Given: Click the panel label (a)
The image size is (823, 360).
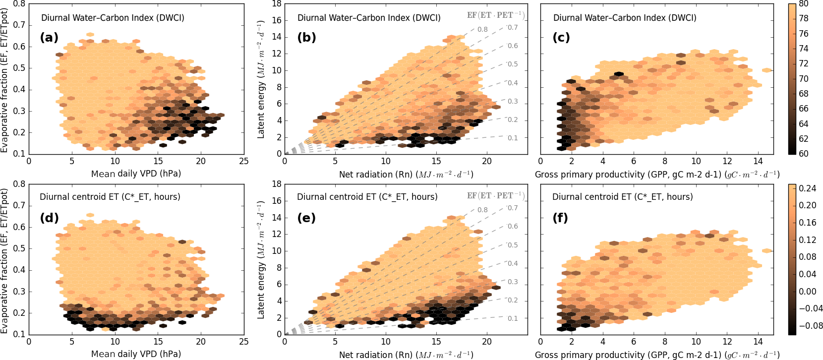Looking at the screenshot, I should pyautogui.click(x=49, y=38).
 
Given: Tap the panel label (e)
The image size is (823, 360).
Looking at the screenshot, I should pyautogui.click(x=306, y=218).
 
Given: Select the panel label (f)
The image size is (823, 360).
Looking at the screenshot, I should pyautogui.click(x=561, y=218).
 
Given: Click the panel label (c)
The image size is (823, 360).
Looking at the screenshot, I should pyautogui.click(x=561, y=38).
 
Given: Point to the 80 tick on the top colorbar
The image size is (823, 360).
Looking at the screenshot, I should pyautogui.click(x=803, y=3).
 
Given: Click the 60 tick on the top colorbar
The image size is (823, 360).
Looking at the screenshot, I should pyautogui.click(x=803, y=154).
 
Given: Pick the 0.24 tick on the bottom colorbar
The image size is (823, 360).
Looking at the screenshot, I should pyautogui.click(x=807, y=188).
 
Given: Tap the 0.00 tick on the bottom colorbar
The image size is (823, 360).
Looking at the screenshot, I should pyautogui.click(x=807, y=292).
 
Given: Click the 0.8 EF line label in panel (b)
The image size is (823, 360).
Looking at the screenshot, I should pyautogui.click(x=482, y=29).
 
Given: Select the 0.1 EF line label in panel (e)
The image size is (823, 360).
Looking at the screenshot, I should pyautogui.click(x=513, y=318).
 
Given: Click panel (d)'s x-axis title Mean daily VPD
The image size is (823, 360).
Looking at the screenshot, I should pyautogui.click(x=136, y=354).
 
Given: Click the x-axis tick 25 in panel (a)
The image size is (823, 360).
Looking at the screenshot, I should pyautogui.click(x=243, y=161).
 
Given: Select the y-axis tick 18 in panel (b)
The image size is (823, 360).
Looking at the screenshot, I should pyautogui.click(x=277, y=4).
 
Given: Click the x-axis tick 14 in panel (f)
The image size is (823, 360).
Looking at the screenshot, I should pyautogui.click(x=758, y=342).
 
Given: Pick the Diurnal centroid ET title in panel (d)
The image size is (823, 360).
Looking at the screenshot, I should pyautogui.click(x=110, y=197).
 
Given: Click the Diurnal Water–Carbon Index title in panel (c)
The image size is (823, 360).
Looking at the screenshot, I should pyautogui.click(x=625, y=18).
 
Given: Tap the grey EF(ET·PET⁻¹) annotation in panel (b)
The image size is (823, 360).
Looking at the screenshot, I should pyautogui.click(x=495, y=15).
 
